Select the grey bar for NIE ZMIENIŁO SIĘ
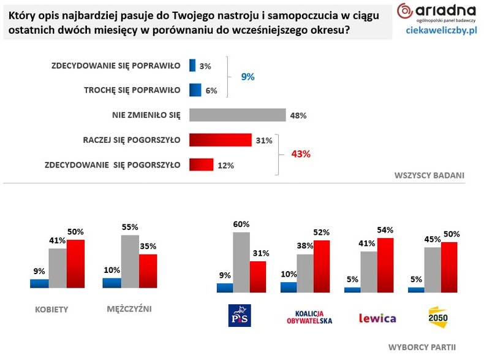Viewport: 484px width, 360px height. [x=238, y=115]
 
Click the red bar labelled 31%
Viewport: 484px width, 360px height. [x=221, y=140]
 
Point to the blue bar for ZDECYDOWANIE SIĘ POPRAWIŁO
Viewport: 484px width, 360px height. [x=192, y=66]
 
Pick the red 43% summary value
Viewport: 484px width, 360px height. [x=301, y=154]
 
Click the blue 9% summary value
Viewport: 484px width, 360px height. [x=247, y=77]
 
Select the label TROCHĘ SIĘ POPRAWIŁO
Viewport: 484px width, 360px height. [x=132, y=90]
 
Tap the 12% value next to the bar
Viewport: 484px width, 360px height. [x=225, y=165]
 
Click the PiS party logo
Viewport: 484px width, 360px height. [x=240, y=316]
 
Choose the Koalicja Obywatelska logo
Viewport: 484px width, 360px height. [x=309, y=316]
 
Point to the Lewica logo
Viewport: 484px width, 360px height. [x=376, y=318]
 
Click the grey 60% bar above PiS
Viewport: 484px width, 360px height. [x=241, y=262]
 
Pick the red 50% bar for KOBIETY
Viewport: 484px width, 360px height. [x=75, y=264]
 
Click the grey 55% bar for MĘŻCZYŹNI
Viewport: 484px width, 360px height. [x=130, y=261]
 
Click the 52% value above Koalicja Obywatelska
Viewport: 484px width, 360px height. [x=322, y=232]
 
